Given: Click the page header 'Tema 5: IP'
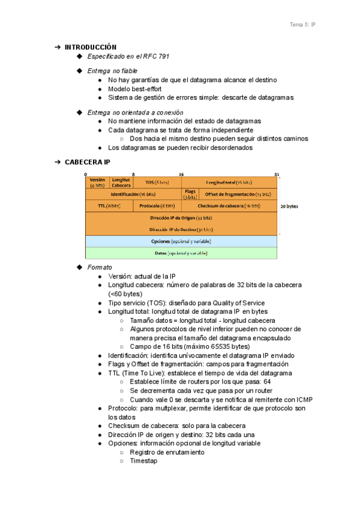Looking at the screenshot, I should click(x=303, y=25).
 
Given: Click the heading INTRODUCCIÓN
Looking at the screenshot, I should click(x=91, y=47).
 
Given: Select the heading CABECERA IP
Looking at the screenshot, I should click(x=87, y=162).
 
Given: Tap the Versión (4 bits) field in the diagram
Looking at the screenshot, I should click(x=97, y=182).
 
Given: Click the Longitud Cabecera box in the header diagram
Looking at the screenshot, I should click(x=121, y=182).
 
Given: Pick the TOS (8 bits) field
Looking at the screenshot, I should click(x=157, y=182).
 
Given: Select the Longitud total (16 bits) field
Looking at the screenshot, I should click(x=229, y=182).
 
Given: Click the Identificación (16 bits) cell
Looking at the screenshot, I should click(x=133, y=194).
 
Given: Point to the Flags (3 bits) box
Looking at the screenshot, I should click(x=190, y=194).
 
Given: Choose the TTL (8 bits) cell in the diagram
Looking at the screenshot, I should click(x=109, y=206).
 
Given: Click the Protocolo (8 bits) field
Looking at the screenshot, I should click(x=157, y=206).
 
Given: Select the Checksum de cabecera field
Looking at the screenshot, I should click(x=229, y=206).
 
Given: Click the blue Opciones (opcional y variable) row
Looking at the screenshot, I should click(x=181, y=241).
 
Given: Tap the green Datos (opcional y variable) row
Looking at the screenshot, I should click(x=181, y=253).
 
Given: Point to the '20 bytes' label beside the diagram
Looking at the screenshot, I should click(x=289, y=206).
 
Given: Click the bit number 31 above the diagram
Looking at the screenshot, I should click(x=277, y=174).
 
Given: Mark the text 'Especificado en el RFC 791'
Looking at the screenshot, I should click(x=128, y=56).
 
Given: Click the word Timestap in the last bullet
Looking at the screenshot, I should click(x=144, y=461).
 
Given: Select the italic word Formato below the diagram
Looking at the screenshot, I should click(x=99, y=267).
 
